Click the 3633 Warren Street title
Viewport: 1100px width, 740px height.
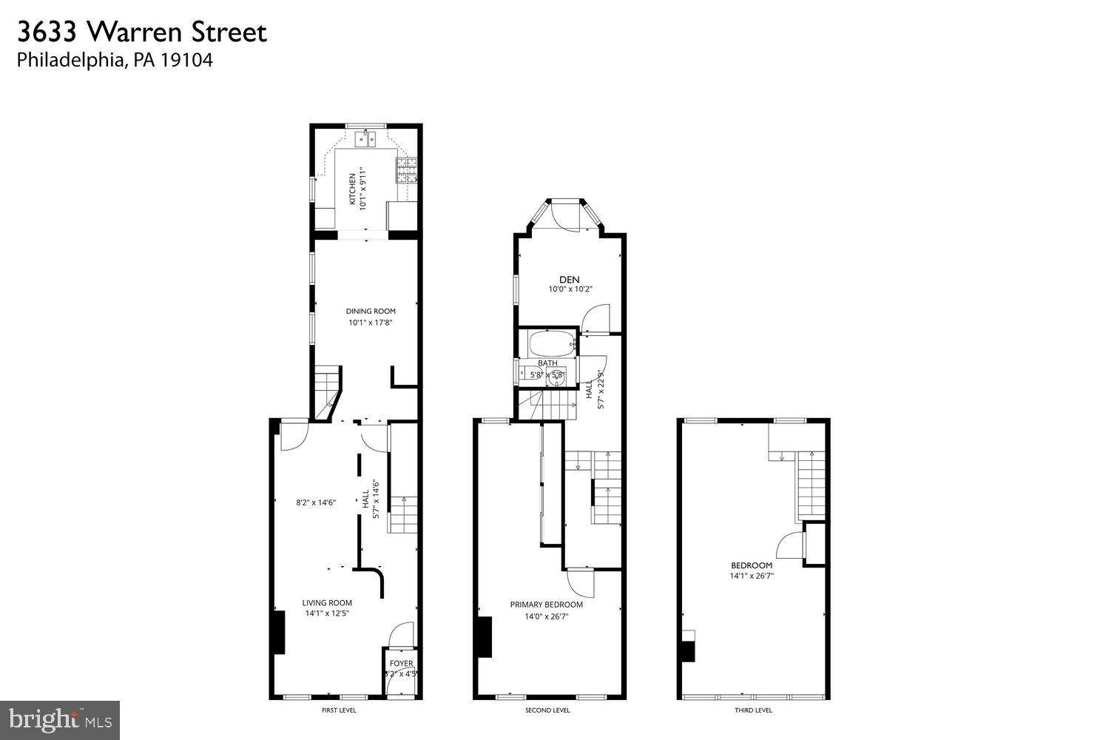[x=141, y=32]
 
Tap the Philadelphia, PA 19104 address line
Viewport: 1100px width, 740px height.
[x=115, y=61]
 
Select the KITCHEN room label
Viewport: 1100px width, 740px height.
[x=352, y=189]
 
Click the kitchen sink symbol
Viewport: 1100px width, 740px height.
[x=365, y=138]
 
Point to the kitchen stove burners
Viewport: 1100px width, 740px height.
[x=407, y=172]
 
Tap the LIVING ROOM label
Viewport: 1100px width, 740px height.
[x=327, y=602]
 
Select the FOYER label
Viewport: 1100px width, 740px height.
[x=402, y=663]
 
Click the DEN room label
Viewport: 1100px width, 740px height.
[x=569, y=279]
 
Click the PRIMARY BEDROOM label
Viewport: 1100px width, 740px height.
[x=547, y=605]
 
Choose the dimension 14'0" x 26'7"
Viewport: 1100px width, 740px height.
[x=547, y=616]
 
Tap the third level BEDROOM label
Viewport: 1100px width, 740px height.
[x=751, y=565]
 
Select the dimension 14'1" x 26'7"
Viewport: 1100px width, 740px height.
[x=751, y=576]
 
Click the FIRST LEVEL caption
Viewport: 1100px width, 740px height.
[x=339, y=710]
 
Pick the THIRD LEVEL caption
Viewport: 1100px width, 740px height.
[x=753, y=710]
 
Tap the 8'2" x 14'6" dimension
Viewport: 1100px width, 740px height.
[x=316, y=502]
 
